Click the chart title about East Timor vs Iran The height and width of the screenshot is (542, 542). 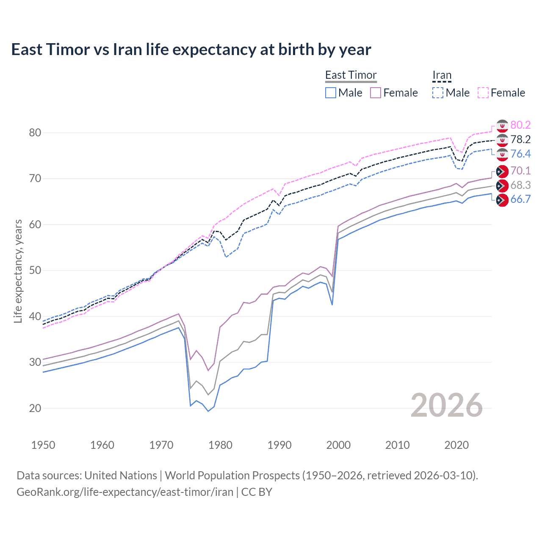(x=191, y=50)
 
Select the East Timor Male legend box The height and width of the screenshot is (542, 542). (x=331, y=93)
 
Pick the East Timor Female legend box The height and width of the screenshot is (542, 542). (x=376, y=93)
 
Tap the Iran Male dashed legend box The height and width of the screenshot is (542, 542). (x=438, y=93)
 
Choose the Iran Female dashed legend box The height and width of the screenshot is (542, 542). (x=483, y=93)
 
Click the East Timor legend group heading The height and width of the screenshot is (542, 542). (x=351, y=75)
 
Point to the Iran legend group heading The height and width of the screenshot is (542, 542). (x=442, y=75)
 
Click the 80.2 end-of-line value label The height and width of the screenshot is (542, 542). (x=520, y=125)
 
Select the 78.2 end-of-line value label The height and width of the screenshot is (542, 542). (x=520, y=139)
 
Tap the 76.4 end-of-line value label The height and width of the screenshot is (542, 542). (x=520, y=154)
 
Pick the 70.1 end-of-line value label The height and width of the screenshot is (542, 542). (x=520, y=171)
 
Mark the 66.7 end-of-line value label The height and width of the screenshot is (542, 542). (x=520, y=199)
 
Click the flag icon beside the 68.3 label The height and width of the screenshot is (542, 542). (x=502, y=185)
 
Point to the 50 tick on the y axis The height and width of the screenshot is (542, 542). (x=35, y=270)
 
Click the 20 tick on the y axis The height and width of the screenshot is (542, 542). (x=35, y=408)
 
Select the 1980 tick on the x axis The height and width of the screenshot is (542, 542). (x=220, y=445)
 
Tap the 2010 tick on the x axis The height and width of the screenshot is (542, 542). (x=397, y=445)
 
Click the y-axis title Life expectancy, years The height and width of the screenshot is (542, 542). (x=18, y=271)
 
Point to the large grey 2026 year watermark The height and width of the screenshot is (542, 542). (x=447, y=405)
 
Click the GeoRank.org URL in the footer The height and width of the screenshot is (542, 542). (x=125, y=492)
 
